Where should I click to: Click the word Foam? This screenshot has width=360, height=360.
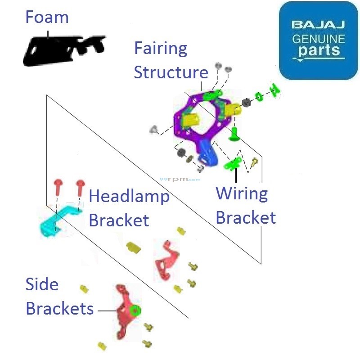coord(47,18)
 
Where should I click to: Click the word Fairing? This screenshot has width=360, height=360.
coord(161,49)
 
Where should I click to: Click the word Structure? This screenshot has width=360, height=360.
coord(171,72)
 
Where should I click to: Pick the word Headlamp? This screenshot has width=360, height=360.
coord(129,197)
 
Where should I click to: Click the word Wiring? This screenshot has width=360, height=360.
coord(242,194)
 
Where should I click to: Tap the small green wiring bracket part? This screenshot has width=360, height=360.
coord(234,164)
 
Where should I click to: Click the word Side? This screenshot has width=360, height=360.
coord(42,284)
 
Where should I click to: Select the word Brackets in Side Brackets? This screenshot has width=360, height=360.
coord(59,309)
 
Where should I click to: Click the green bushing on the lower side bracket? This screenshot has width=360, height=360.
coord(135,310)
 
